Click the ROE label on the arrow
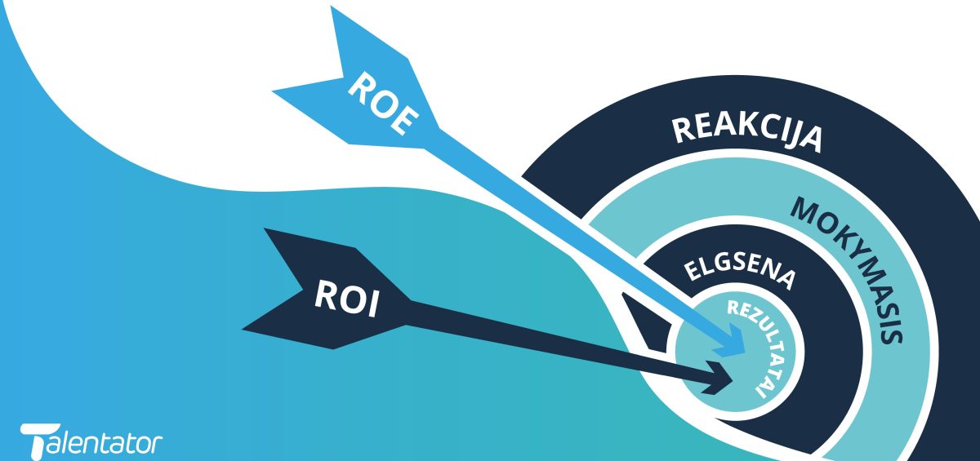(x=383, y=103)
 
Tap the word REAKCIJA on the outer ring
(x=746, y=133)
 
